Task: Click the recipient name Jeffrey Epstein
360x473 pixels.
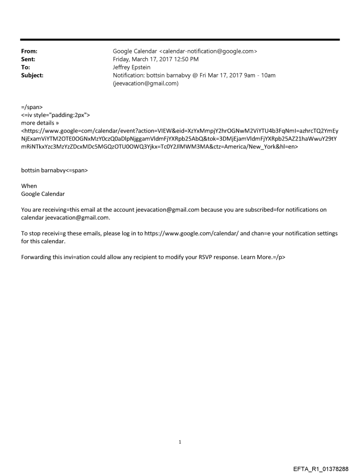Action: coord(132,67)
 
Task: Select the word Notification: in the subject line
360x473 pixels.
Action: coord(129,75)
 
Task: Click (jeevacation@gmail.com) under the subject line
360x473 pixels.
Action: coord(146,83)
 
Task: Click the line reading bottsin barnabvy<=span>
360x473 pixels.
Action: coord(54,171)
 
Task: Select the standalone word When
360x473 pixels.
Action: coord(29,186)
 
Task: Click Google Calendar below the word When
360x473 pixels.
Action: coord(43,194)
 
